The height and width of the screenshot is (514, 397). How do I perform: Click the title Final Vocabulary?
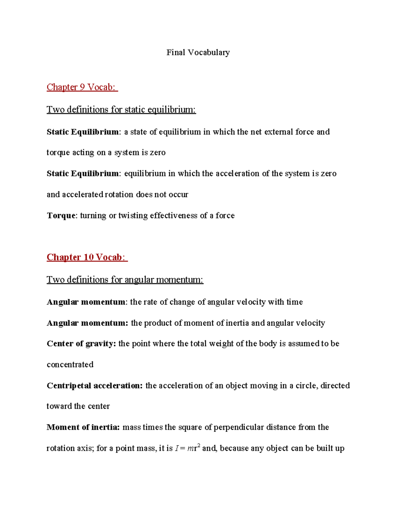click(x=198, y=52)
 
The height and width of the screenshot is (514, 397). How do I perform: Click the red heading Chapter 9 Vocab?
click(x=82, y=87)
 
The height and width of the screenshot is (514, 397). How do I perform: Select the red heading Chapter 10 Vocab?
click(x=87, y=257)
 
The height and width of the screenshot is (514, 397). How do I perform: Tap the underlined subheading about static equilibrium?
click(x=121, y=110)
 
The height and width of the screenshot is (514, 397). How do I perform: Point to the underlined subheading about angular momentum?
click(x=125, y=280)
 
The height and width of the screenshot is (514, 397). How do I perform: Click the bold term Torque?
click(x=61, y=215)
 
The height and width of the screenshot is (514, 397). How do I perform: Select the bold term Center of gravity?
click(x=81, y=344)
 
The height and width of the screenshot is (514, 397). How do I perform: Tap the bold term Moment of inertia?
click(x=83, y=427)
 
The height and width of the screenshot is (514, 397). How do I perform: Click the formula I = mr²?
click(x=187, y=448)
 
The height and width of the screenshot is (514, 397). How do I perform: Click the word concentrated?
click(x=70, y=365)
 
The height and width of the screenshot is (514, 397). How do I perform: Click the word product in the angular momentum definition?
click(x=158, y=323)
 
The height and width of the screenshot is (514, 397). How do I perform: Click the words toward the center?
click(x=78, y=406)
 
